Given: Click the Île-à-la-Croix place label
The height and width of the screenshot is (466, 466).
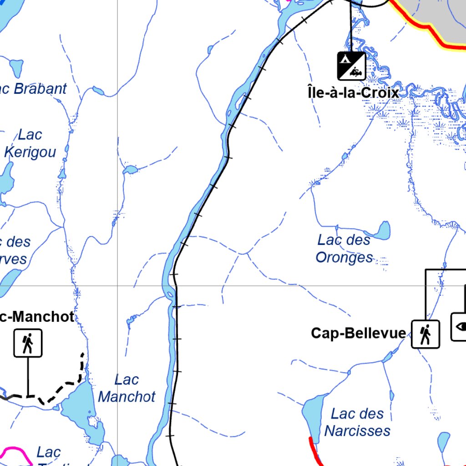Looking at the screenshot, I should click(x=353, y=92).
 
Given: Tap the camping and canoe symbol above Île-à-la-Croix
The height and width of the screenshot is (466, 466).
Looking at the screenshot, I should click(x=351, y=66).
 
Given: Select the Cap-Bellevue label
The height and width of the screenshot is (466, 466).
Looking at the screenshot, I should click(x=358, y=333).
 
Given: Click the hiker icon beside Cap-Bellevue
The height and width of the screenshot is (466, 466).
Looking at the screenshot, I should click(x=425, y=334).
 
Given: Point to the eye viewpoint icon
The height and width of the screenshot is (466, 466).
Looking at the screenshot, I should click(x=460, y=326).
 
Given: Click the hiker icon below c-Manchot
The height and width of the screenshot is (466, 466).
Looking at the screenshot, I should click(x=28, y=343).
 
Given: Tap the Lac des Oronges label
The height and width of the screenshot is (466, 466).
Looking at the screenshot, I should click(x=344, y=248).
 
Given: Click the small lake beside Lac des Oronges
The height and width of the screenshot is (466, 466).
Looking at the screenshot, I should click(x=383, y=231).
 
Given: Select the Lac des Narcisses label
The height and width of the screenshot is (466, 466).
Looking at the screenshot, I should click(x=357, y=422).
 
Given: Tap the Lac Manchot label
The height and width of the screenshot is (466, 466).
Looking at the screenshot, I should click(x=127, y=388).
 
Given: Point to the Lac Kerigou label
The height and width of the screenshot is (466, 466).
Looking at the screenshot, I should click(x=30, y=143).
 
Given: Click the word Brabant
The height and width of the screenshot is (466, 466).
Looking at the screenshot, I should click(x=40, y=89).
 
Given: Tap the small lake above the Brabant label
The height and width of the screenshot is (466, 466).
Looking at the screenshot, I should click(x=16, y=68).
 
